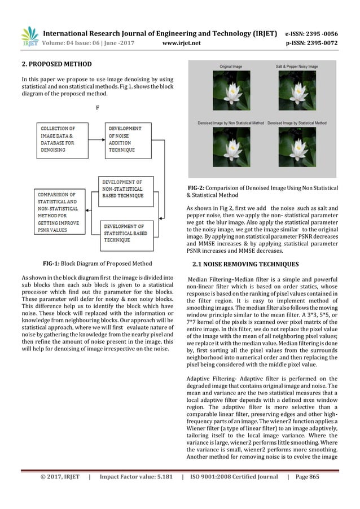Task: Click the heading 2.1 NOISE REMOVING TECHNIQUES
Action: [x=246, y=264]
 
